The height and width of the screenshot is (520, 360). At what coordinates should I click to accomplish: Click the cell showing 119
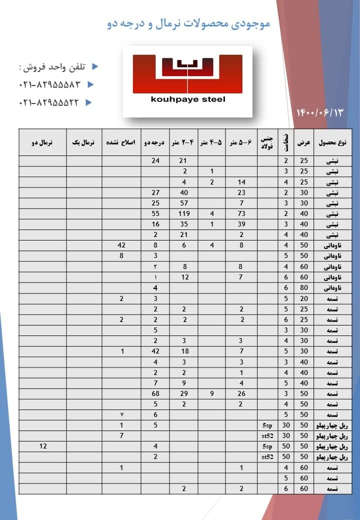point(184,213)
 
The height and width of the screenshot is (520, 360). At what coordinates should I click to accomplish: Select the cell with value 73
point(241,213)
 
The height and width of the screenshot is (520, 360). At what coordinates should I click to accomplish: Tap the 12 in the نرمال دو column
point(43,446)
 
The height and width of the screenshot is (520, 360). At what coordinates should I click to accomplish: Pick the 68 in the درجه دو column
point(155,393)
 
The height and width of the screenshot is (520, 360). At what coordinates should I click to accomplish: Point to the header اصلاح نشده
point(120,142)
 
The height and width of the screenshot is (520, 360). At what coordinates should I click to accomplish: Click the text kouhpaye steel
point(188,99)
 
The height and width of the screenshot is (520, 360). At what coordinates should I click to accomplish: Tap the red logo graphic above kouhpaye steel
point(187,73)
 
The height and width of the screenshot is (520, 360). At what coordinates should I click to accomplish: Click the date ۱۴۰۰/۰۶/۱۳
point(321,112)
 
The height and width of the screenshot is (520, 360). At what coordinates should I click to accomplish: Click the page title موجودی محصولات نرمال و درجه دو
point(189,23)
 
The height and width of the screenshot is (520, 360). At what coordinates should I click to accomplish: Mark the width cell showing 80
point(304,287)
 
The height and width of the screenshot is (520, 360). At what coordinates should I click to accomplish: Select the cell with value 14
point(241,182)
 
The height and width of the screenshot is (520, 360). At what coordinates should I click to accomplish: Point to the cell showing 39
point(241,224)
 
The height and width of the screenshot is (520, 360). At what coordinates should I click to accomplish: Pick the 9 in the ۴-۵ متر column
point(212,393)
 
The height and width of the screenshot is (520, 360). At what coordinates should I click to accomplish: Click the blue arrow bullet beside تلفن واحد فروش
point(96,67)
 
